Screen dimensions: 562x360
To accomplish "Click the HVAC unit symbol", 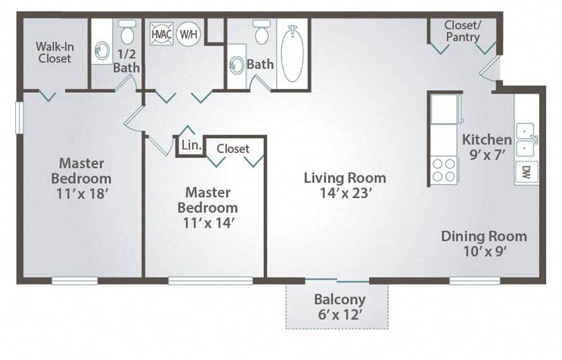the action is (162, 34).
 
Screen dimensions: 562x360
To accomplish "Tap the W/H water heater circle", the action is (188, 34).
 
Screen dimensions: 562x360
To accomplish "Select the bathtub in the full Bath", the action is (292, 54).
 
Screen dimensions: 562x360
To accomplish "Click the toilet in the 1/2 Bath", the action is (127, 31).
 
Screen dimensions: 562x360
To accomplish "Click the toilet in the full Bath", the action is (262, 32).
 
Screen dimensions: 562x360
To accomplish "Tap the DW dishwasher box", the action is (527, 172).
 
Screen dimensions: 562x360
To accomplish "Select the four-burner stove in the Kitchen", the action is (443, 170).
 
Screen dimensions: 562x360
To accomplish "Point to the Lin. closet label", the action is (191, 145).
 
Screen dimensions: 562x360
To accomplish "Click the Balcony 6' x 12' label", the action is (340, 307).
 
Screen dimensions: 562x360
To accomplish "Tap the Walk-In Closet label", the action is (55, 52).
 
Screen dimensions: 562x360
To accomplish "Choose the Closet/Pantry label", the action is (463, 31).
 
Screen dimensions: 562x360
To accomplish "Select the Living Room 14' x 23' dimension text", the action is (345, 193).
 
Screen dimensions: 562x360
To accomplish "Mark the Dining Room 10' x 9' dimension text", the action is (484, 251).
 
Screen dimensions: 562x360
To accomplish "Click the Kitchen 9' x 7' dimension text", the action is (487, 155).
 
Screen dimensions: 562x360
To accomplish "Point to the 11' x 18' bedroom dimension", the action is (82, 193).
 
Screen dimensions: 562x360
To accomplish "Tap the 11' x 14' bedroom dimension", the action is (209, 223).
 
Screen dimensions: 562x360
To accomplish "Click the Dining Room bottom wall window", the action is (474, 281).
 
